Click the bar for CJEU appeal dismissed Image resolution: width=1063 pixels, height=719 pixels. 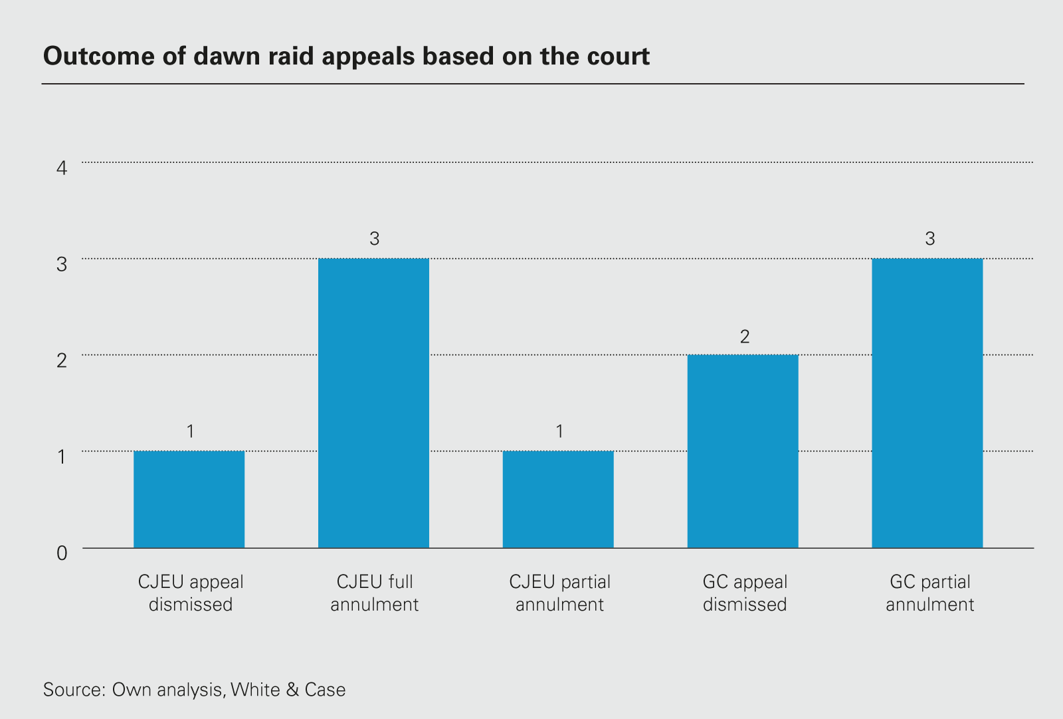(x=189, y=500)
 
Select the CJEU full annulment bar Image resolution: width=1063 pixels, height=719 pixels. (x=373, y=403)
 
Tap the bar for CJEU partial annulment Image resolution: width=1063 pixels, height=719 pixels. (x=558, y=500)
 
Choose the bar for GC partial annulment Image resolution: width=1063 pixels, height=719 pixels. (x=927, y=403)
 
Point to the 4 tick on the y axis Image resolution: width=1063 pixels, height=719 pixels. (x=62, y=168)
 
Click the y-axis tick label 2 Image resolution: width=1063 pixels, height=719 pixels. (x=62, y=360)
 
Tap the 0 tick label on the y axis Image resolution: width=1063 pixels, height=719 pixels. (x=62, y=553)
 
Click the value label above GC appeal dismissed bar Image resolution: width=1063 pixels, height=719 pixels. (x=744, y=337)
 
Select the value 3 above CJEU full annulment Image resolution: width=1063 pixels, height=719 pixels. (x=374, y=239)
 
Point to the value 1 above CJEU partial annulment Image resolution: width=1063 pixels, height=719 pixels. (x=559, y=432)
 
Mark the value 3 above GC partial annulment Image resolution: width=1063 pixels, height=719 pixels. (x=929, y=239)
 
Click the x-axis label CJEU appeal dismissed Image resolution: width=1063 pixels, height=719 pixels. (x=191, y=593)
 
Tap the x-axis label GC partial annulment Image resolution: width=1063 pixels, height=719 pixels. (x=929, y=593)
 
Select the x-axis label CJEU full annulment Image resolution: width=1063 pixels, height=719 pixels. (x=375, y=593)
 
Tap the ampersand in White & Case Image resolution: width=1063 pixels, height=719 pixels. (x=292, y=689)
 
